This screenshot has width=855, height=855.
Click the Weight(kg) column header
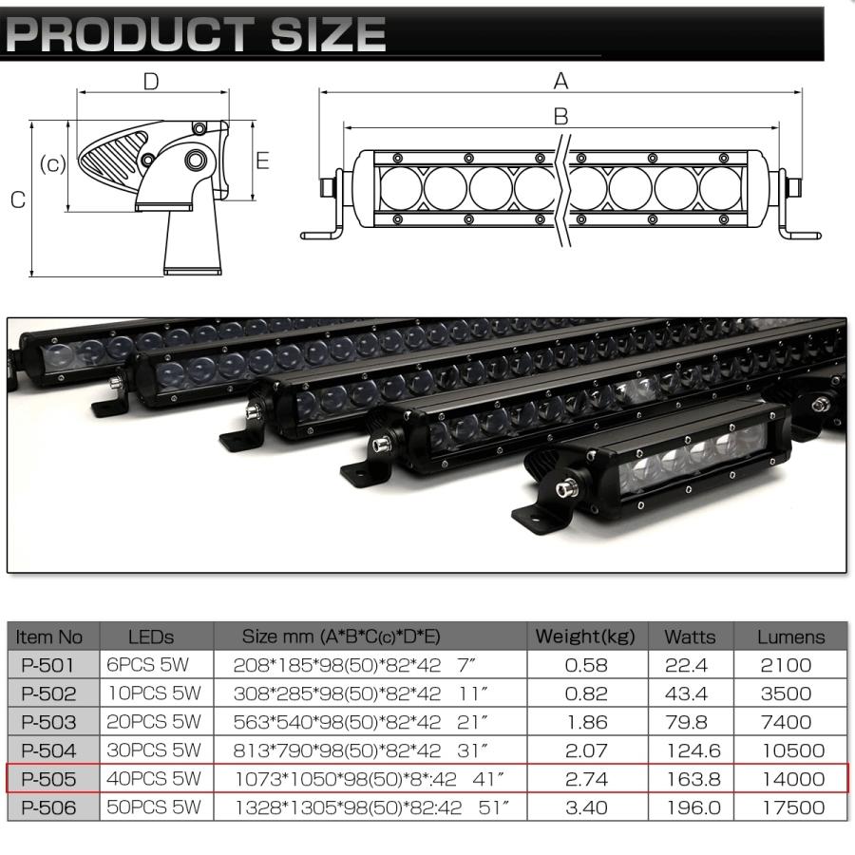(x=585, y=636)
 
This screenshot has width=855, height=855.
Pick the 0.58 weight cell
(x=585, y=665)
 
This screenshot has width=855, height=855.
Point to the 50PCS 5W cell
(x=151, y=809)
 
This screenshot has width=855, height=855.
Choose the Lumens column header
(x=791, y=636)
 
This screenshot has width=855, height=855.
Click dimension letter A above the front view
(x=560, y=82)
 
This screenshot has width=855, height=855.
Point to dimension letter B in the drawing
(x=560, y=116)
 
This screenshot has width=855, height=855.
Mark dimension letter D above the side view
(x=151, y=82)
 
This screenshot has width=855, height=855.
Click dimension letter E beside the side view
(x=262, y=161)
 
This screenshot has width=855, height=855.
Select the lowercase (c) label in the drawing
(x=52, y=164)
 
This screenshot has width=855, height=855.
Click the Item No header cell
(x=50, y=636)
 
